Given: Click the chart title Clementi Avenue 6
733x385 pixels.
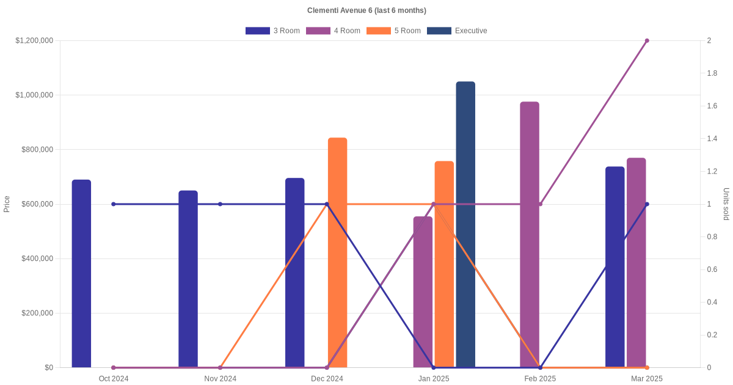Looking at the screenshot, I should pyautogui.click(x=366, y=10).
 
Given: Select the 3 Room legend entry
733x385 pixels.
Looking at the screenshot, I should pyautogui.click(x=272, y=31).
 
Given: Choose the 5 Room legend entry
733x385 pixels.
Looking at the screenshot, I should pyautogui.click(x=393, y=31).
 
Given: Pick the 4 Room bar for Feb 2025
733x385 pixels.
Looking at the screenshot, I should pyautogui.click(x=530, y=235).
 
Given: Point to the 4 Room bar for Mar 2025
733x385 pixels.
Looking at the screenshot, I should pyautogui.click(x=636, y=263).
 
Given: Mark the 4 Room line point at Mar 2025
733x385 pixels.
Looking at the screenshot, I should pyautogui.click(x=647, y=41).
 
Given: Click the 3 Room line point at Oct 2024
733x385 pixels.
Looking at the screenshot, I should pyautogui.click(x=114, y=204).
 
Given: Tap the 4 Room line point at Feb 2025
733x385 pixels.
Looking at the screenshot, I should pyautogui.click(x=540, y=204).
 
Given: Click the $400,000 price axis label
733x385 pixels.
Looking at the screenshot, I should pyautogui.click(x=37, y=258).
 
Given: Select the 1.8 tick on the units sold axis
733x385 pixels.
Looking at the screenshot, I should pyautogui.click(x=712, y=73).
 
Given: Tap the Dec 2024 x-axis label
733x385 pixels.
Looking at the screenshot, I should pyautogui.click(x=327, y=379).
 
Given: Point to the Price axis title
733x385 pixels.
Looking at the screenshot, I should pyautogui.click(x=7, y=204).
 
